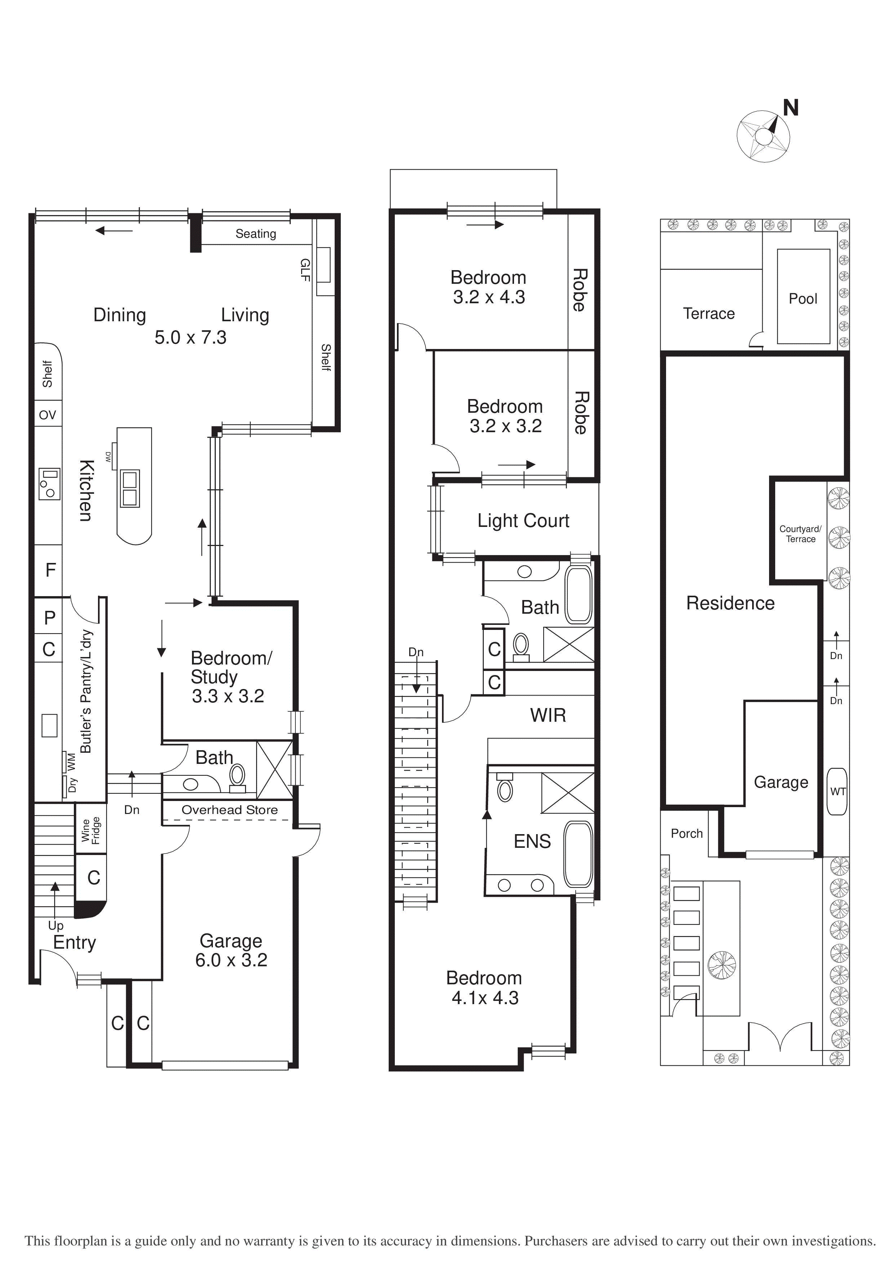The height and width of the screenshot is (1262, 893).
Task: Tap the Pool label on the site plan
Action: pyautogui.click(x=803, y=299)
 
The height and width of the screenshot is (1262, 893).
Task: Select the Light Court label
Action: pyautogui.click(x=523, y=520)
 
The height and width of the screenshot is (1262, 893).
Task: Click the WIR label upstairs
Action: pyautogui.click(x=548, y=715)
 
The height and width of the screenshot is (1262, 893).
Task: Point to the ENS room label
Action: pyautogui.click(x=532, y=842)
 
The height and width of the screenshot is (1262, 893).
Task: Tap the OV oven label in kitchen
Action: pyautogui.click(x=47, y=415)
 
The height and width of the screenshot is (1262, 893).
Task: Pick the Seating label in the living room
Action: pyautogui.click(x=256, y=234)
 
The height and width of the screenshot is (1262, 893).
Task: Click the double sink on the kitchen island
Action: pyautogui.click(x=130, y=488)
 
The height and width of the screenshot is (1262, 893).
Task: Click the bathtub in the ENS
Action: pyautogui.click(x=579, y=854)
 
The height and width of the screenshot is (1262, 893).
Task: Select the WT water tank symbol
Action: pyautogui.click(x=837, y=792)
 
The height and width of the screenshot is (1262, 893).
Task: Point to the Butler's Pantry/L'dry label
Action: pyautogui.click(x=86, y=691)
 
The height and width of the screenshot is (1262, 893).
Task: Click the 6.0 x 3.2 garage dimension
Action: pyautogui.click(x=231, y=960)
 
